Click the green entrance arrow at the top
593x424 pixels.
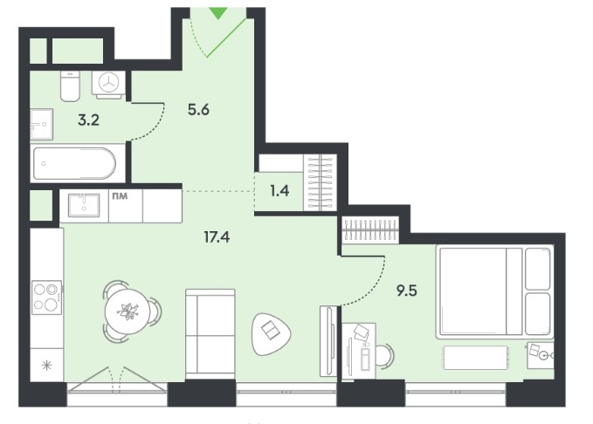(218, 13)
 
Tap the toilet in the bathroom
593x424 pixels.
(70, 86)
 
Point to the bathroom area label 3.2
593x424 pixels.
(88, 120)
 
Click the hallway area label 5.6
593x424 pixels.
(198, 110)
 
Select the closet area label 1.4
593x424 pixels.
(279, 191)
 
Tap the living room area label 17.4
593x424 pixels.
(217, 237)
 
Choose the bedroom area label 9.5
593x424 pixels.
(407, 291)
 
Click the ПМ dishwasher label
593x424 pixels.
(120, 196)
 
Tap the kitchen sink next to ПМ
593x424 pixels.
(84, 206)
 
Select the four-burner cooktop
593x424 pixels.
(47, 297)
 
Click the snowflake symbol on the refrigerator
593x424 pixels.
(46, 366)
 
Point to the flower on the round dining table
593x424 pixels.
(128, 311)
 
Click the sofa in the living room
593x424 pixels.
(210, 333)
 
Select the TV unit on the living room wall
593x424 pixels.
(328, 341)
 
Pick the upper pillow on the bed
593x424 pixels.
(537, 269)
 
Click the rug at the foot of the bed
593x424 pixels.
(475, 358)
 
